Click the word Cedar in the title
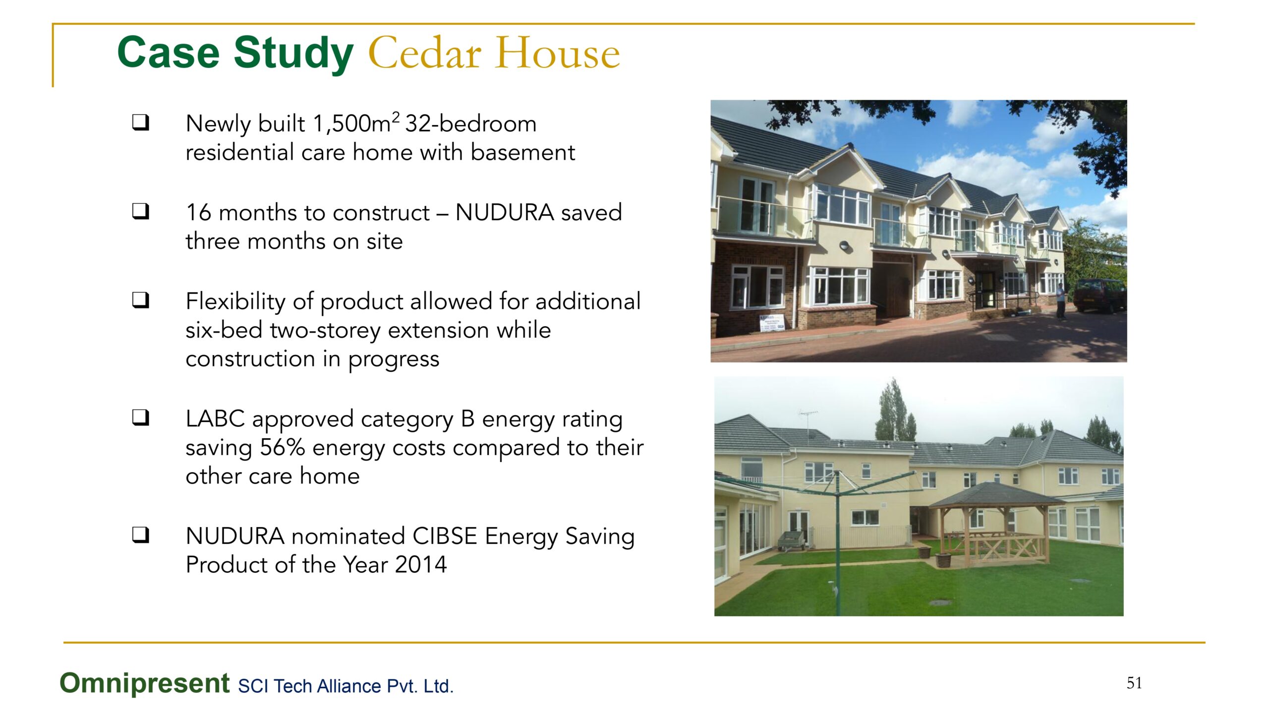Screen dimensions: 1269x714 coord(425,53)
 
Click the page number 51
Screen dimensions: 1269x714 coord(1134,683)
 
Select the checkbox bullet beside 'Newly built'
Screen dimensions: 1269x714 coord(141,122)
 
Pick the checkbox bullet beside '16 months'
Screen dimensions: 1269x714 coord(141,212)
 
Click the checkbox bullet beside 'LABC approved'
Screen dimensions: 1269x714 coord(141,418)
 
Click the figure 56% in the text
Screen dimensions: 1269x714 coord(283,447)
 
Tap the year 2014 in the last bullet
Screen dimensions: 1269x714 coord(421,565)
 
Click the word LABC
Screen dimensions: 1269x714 coord(215,419)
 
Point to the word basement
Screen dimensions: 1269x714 coord(523,152)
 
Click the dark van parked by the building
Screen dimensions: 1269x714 coord(1099,296)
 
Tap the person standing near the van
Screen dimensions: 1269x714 coord(1060,301)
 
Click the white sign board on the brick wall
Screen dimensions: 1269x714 coord(771,323)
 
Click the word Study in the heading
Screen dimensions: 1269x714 coord(293,54)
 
